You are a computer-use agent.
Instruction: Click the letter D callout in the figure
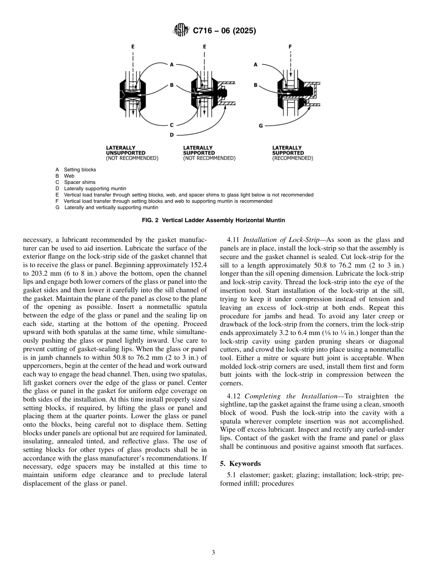(x=171, y=134)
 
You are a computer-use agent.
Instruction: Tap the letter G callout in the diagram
(x=261, y=125)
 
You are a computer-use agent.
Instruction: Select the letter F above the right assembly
(x=290, y=46)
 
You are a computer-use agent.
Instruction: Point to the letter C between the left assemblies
(x=171, y=125)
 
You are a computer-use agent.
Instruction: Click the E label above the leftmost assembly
(x=132, y=46)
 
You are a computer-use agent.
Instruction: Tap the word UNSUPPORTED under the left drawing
(x=123, y=153)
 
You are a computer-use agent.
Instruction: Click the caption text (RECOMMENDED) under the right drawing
(x=293, y=158)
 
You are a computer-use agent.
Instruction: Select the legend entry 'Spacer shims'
(x=80, y=182)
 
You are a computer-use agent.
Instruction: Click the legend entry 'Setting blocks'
(x=80, y=170)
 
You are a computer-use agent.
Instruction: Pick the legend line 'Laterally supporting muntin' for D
(x=95, y=188)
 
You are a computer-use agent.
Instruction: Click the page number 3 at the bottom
(x=213, y=553)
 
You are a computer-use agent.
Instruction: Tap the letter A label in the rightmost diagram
(x=255, y=65)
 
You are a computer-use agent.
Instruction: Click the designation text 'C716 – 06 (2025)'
(x=224, y=31)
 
